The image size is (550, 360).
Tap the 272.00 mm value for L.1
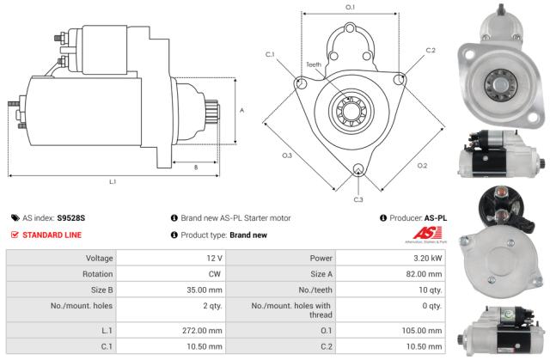point(203,328)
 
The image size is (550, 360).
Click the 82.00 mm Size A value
point(425,273)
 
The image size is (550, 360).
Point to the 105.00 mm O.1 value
point(423,328)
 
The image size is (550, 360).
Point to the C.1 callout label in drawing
point(270,55)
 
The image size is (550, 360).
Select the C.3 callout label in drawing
point(357,199)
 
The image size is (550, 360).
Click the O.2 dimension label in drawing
point(422,165)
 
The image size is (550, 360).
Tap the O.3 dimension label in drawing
point(287,156)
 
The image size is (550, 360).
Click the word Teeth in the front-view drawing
point(315,64)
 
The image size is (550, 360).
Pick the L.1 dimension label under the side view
point(112,181)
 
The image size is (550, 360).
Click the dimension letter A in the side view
point(241,110)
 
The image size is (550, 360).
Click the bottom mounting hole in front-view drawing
point(357,169)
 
